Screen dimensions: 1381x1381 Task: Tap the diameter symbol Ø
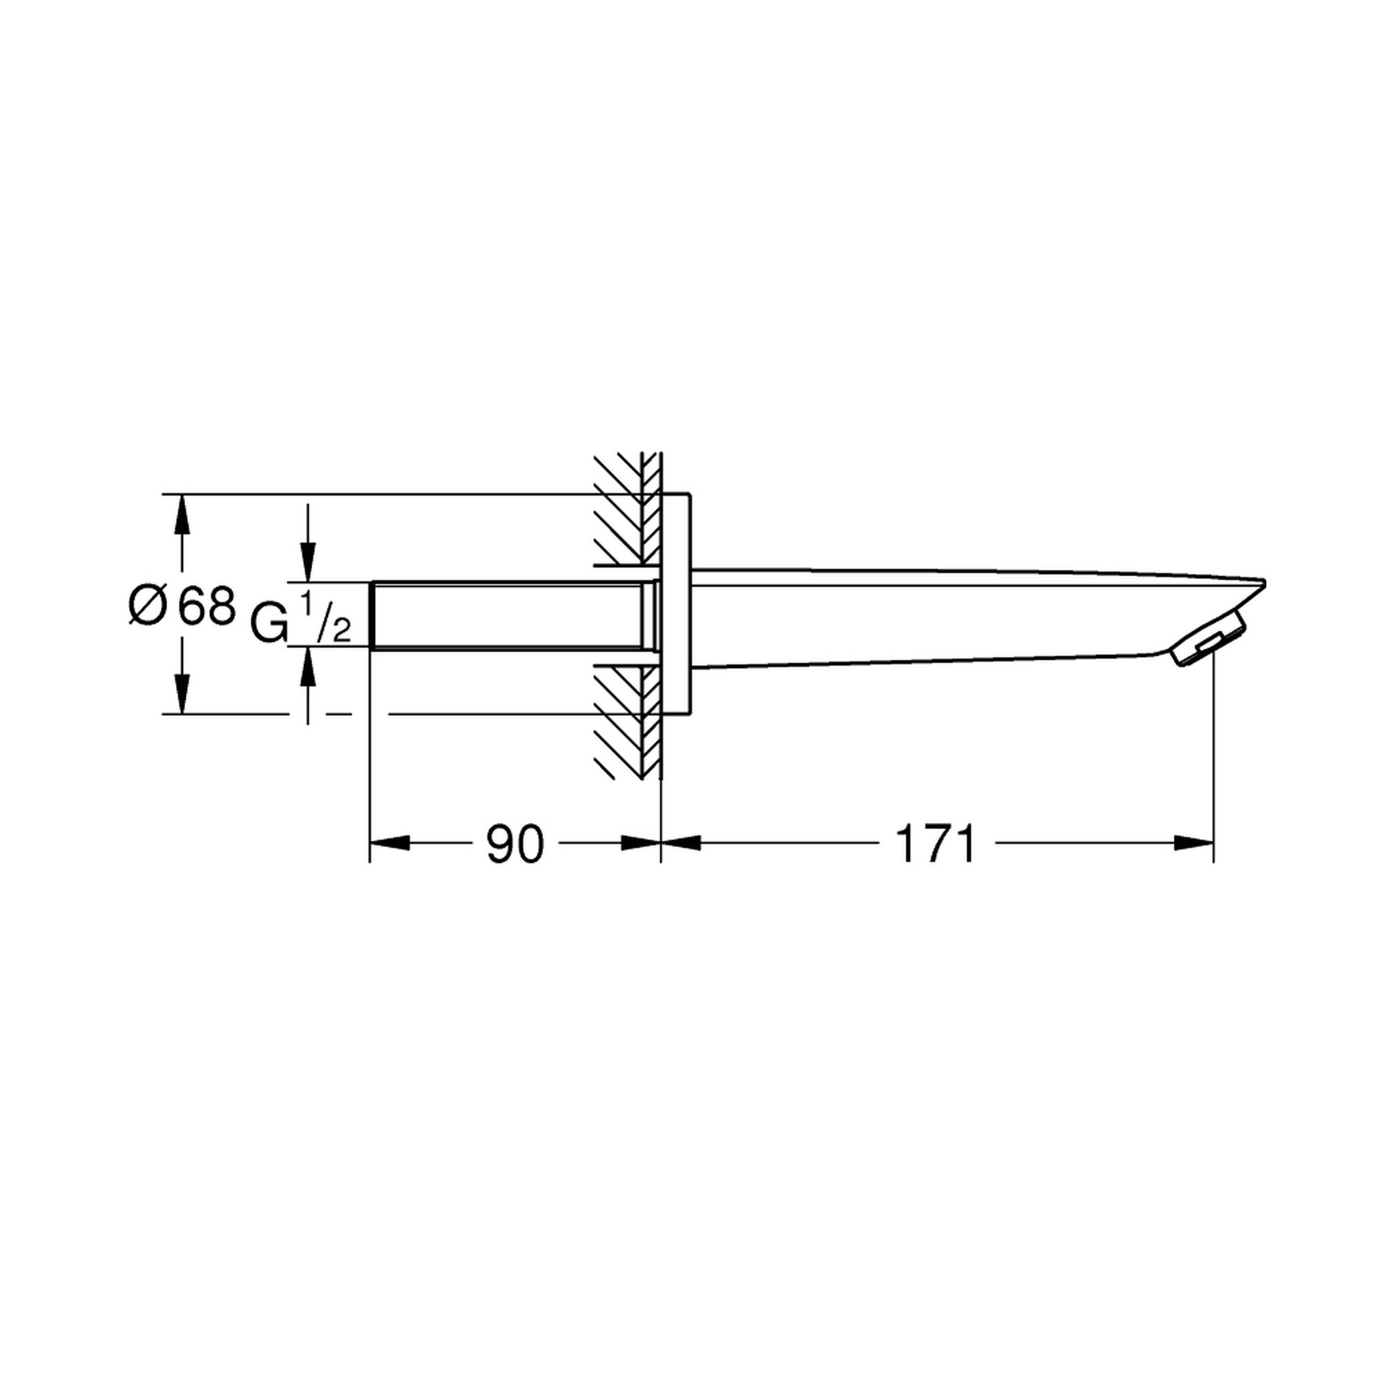coord(148,607)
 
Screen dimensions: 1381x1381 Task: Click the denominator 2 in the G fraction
coord(341,630)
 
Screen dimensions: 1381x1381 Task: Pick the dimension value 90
coord(514,844)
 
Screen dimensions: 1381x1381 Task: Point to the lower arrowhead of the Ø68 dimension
coord(183,694)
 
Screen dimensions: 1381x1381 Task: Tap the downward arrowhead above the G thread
coord(308,562)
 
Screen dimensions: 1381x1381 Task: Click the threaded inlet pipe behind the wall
coord(511,615)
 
